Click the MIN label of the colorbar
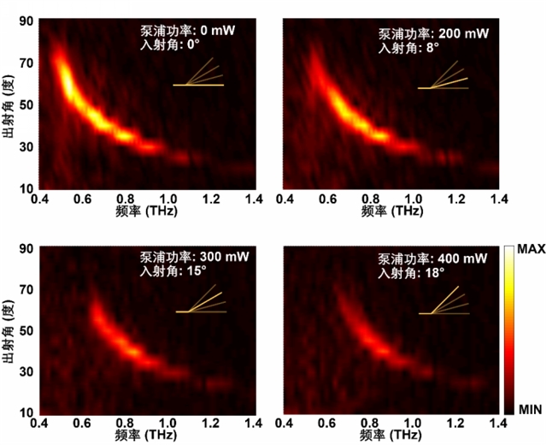tap(528, 410)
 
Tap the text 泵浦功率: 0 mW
tap(187, 30)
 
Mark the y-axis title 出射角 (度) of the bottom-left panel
tap(9, 329)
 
